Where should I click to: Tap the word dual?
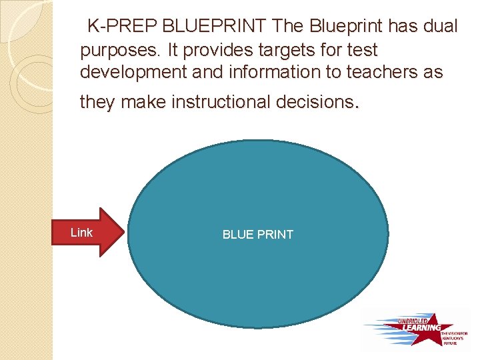coord(438,27)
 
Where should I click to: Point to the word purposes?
coord(119,51)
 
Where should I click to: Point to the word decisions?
coord(324,102)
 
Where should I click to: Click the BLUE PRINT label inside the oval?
coord(257,235)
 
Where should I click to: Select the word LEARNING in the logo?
coord(421,327)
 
